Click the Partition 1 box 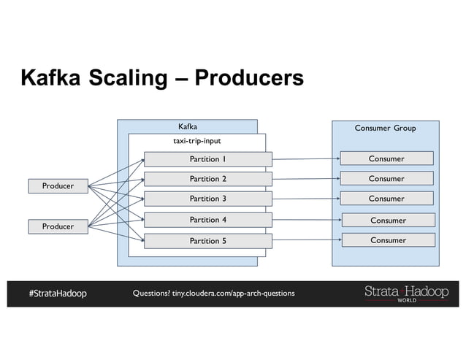207,158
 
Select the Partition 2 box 207,179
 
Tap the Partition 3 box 207,199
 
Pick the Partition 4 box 207,220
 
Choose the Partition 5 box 207,240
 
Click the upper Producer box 57,186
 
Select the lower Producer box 57,226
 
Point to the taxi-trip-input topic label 196,141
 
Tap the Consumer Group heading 385,129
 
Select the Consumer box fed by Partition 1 386,158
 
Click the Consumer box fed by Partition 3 386,199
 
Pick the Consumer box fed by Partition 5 388,240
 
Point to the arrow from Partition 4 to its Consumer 307,220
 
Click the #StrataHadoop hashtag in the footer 58,294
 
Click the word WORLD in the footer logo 406,300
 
